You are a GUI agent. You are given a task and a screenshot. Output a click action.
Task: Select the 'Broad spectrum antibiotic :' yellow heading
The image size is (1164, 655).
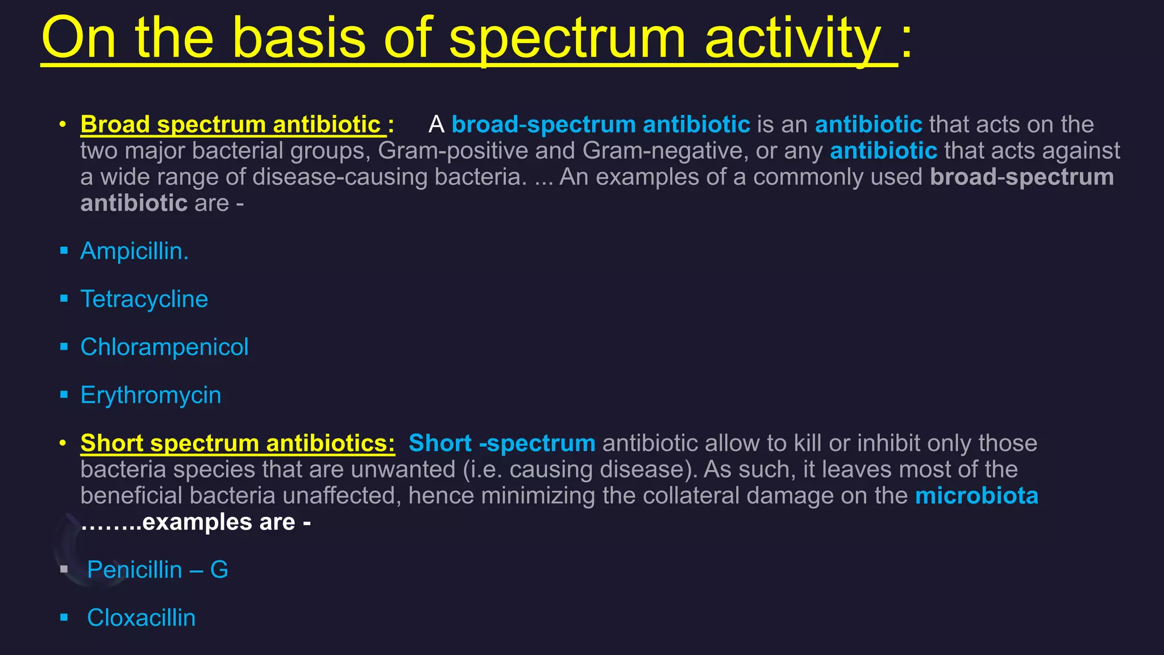pos(237,125)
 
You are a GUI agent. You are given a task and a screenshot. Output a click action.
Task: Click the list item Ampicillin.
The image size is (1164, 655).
pos(134,251)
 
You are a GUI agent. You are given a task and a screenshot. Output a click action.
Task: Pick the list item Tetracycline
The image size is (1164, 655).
pos(144,299)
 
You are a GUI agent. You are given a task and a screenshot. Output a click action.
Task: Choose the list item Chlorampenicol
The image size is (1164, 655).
pos(164,347)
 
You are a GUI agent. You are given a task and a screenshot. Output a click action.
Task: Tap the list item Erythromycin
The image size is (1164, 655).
pos(151,395)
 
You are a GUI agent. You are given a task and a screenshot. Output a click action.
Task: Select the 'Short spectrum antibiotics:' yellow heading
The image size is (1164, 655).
pos(238,443)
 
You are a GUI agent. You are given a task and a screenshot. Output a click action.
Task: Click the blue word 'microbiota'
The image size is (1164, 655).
pos(976,496)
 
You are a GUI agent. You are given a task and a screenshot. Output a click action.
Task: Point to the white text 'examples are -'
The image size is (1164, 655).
pos(226,522)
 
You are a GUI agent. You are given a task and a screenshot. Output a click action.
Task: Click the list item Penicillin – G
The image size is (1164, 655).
pos(157,570)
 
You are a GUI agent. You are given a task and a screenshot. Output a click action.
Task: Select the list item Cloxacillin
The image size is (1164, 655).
pos(141,618)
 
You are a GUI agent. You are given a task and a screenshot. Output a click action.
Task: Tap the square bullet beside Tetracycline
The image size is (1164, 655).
pos(64,299)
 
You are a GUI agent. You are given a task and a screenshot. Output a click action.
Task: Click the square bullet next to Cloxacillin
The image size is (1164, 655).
pos(64,617)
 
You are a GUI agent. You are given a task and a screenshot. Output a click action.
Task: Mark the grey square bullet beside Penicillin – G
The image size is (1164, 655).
pos(64,569)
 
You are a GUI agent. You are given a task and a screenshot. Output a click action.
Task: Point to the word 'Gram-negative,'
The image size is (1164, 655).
pos(666,151)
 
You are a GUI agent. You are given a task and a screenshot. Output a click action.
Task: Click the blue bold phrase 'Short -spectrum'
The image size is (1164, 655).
pos(501,443)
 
